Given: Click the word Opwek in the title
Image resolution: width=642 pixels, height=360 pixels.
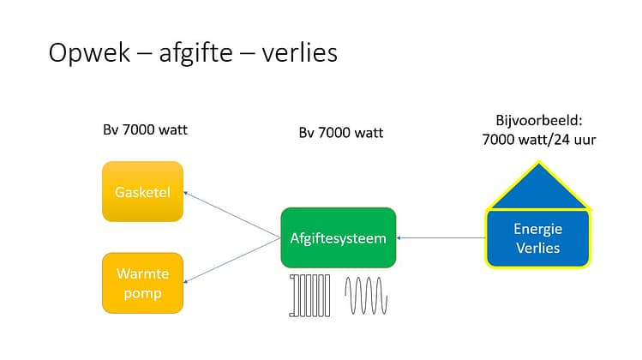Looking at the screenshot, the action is coord(89,53).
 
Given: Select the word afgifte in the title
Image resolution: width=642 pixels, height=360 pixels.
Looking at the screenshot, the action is coord(196,53).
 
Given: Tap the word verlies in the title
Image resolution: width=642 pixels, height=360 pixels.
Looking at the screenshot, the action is coord(300,52).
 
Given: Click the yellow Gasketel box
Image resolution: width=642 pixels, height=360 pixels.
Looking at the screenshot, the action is coord(142,191).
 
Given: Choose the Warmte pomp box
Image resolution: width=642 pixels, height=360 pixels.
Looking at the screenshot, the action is coord(142,283).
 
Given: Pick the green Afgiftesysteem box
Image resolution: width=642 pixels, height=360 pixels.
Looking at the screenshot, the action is coord(339,237).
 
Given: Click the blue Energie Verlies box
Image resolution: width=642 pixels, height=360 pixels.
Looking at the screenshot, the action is coord(538,238).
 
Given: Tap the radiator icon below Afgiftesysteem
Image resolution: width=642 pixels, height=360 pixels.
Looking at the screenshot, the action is coord(309,296).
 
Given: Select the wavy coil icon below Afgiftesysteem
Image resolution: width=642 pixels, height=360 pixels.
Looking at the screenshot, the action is coord(366,296).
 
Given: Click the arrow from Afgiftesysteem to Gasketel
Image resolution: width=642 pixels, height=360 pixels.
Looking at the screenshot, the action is coord(231,214).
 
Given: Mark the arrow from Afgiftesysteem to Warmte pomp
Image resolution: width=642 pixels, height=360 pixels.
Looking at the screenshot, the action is coord(231,261).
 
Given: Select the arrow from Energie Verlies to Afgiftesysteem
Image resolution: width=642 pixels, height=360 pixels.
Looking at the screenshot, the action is coord(441,237).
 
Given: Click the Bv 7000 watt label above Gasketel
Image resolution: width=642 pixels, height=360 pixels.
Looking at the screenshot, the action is coord(145,129).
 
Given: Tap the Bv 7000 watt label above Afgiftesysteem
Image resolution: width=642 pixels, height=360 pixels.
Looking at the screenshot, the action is coord(340,133).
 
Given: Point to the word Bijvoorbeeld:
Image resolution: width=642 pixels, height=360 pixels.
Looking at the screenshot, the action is coord(539,120).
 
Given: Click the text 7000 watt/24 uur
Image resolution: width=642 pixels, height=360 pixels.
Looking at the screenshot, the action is coord(539,140).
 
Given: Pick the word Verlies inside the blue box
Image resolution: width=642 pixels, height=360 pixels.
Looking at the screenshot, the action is coord(537,248).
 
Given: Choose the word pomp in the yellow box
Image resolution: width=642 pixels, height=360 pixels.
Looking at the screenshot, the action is coord(142,294).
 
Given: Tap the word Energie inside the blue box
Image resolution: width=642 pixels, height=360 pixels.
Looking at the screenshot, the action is coord(537,229).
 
